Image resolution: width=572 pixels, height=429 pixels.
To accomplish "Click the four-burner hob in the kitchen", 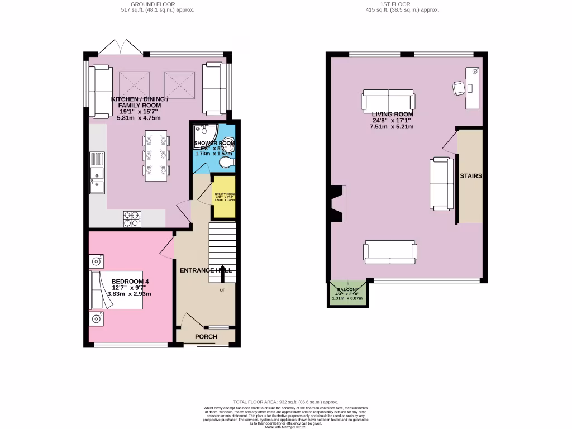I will (132, 218).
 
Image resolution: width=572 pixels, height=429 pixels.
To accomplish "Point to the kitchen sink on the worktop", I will (96, 173).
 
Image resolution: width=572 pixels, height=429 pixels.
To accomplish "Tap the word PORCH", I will (206, 337).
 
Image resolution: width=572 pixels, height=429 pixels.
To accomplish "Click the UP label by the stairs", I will (222, 290).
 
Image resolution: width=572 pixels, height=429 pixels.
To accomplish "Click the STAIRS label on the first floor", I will (470, 175).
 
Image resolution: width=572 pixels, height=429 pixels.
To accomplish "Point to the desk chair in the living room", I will (459, 88).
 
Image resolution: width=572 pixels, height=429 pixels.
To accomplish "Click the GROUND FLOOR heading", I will (150, 4).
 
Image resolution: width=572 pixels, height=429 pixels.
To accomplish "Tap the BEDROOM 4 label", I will (130, 281).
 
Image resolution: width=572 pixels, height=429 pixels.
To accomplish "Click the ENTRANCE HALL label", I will (205, 270).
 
